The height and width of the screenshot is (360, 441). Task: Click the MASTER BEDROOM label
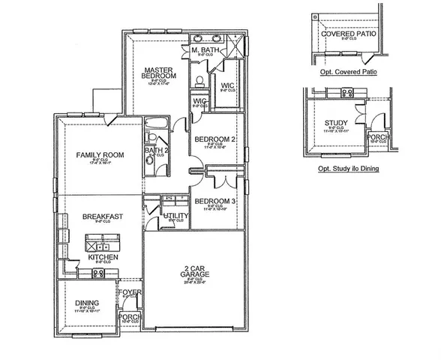click(x=159, y=72)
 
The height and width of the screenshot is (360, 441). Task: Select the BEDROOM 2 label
click(x=215, y=139)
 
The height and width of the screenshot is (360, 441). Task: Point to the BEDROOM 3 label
click(x=215, y=201)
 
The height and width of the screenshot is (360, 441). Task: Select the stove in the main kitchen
click(x=97, y=274)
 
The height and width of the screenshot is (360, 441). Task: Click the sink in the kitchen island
click(x=104, y=246)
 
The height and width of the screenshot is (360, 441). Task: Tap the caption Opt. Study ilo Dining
click(x=349, y=169)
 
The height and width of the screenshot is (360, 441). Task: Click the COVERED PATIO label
click(x=348, y=34)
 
